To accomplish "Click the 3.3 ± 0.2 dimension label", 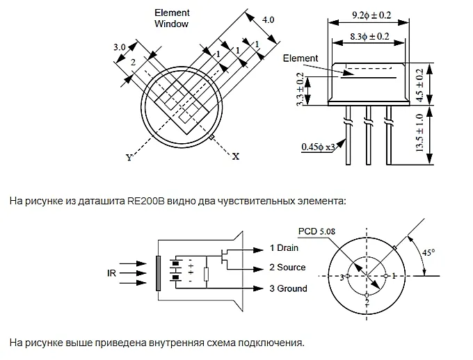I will [x=300, y=88].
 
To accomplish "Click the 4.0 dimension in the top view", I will [x=268, y=20].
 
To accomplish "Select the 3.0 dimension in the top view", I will [x=120, y=47].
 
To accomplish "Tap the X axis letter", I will [x=236, y=156].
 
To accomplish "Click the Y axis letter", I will [x=129, y=158].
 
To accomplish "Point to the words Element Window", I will [x=171, y=18].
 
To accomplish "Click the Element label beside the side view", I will [x=300, y=59].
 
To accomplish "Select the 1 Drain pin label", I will [x=284, y=247].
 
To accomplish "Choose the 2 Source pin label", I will [x=287, y=268].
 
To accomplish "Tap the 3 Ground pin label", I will [x=288, y=288].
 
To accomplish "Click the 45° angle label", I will [x=430, y=253].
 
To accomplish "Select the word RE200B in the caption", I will [x=143, y=202].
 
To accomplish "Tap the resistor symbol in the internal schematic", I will [x=206, y=273].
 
